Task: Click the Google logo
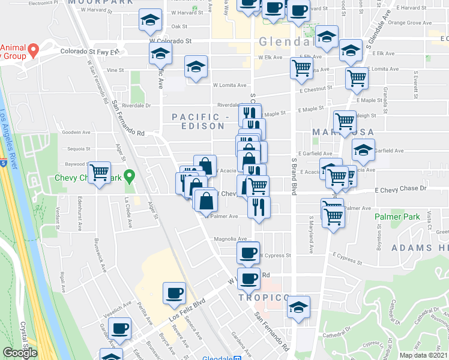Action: (20, 353)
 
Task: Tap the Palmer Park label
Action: (395, 216)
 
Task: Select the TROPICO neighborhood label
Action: (260, 298)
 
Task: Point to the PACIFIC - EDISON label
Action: (198, 121)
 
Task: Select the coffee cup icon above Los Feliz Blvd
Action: (174, 293)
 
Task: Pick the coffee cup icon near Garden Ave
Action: (121, 328)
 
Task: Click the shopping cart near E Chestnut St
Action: (357, 77)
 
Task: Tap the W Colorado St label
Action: (169, 41)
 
